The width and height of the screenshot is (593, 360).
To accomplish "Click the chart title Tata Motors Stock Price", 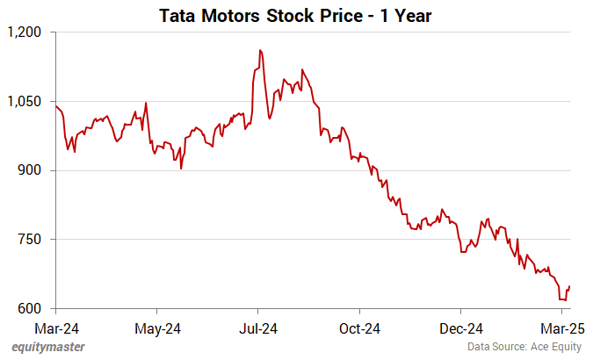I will point(296,15).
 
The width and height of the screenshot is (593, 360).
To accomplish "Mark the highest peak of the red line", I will point(260,50).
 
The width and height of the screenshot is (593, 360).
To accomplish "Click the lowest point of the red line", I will point(564,300).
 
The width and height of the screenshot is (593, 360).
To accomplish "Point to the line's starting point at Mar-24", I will point(55,105).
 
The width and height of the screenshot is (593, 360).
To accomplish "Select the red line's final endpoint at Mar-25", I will point(570,286).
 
